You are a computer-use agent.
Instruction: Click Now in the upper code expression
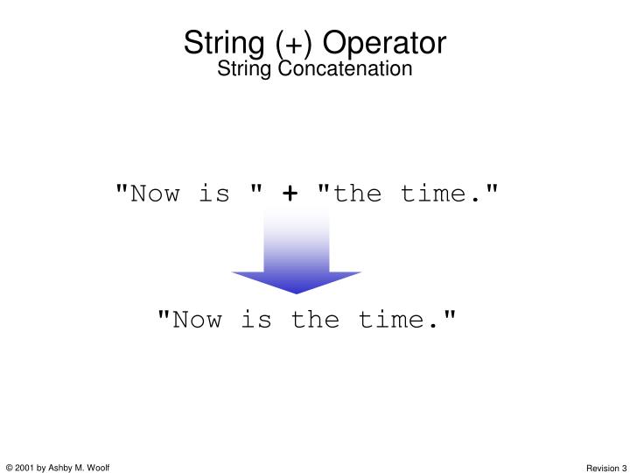[x=157, y=193]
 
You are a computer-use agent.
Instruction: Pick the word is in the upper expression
[x=213, y=193]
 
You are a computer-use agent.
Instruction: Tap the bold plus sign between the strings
[x=289, y=194]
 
